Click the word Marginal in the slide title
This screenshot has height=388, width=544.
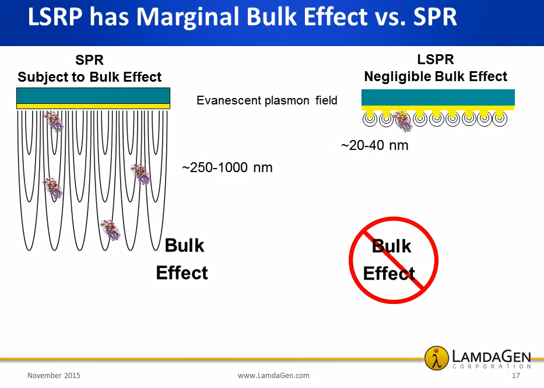coord(187,18)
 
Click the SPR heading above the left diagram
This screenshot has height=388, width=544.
coord(90,60)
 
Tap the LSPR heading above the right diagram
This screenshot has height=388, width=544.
coord(436,60)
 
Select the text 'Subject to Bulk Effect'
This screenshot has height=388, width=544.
coord(90,77)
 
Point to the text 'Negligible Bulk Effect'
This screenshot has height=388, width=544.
coord(436,76)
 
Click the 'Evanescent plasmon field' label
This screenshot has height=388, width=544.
coord(267,100)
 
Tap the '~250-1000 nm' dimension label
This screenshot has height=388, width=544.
coord(227,167)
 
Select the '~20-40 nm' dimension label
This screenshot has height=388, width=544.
coord(375,145)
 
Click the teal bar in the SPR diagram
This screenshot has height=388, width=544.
coord(93,96)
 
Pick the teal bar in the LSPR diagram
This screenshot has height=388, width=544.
coord(438,97)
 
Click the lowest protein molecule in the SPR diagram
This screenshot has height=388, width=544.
coord(110,230)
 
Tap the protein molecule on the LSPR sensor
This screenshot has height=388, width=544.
coord(403,121)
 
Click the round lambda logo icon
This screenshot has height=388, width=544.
coord(437,358)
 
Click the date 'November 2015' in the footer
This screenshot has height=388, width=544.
coord(54,376)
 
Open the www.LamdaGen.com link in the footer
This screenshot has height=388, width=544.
coord(273,376)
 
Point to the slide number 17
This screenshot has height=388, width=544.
coord(516,376)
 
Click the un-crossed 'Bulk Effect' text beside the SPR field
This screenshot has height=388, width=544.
coord(182,259)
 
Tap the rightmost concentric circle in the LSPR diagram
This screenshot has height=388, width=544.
coord(500,119)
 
